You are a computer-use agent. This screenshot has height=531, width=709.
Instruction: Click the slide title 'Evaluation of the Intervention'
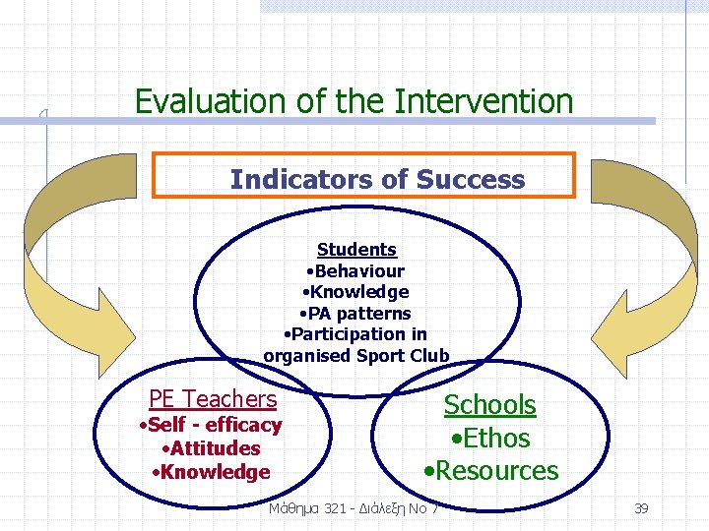[354, 101]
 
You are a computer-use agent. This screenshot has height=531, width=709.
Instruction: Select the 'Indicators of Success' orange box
[364, 176]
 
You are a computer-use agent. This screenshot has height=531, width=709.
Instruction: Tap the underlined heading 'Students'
[356, 250]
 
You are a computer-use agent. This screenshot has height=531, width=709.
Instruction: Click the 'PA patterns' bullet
[356, 314]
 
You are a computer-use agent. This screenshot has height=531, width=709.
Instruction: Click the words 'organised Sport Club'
[356, 356]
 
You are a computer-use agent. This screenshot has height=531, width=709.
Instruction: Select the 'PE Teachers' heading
[213, 399]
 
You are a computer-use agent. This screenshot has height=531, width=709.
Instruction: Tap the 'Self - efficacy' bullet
[211, 426]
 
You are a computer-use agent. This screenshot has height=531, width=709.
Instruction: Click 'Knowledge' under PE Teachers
[211, 472]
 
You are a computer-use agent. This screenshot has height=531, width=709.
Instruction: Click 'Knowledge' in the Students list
[356, 292]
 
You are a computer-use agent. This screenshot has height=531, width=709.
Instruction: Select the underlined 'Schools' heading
[489, 405]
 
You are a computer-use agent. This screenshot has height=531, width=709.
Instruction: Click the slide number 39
[641, 508]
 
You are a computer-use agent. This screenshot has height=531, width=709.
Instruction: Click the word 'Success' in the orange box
[471, 180]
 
